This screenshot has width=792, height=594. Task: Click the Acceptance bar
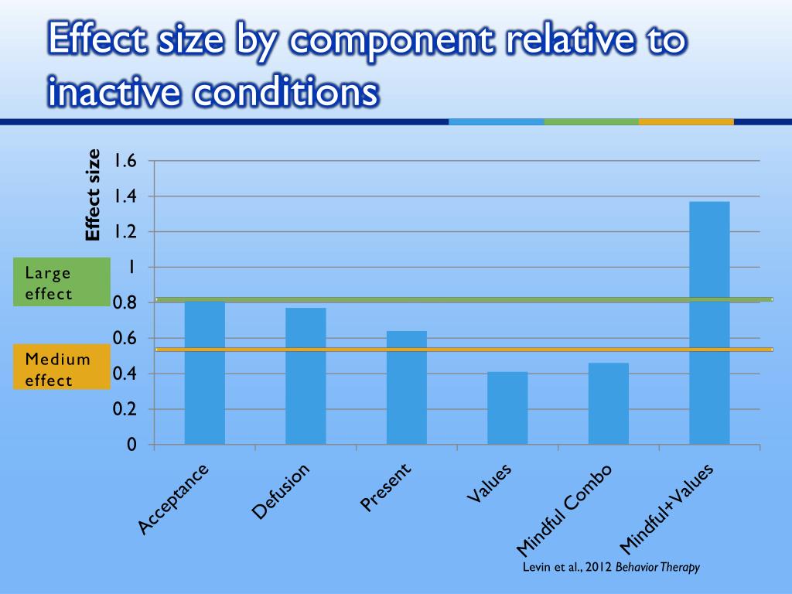(x=204, y=373)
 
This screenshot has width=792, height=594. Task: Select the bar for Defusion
(x=306, y=376)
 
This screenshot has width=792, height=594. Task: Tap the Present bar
(x=406, y=387)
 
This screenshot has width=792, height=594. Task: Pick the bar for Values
(x=507, y=408)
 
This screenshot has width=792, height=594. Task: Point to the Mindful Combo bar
(x=608, y=403)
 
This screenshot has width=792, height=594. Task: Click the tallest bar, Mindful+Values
(x=709, y=323)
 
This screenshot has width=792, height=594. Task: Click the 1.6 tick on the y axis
(x=125, y=161)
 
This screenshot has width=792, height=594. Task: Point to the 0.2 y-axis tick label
(x=125, y=409)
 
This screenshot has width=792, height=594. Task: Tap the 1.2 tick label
(x=125, y=232)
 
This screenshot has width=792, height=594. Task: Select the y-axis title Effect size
(x=93, y=195)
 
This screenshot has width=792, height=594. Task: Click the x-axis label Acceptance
(x=173, y=500)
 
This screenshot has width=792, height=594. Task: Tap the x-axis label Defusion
(x=281, y=491)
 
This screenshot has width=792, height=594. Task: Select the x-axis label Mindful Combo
(x=564, y=511)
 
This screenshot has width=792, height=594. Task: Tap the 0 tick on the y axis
(x=131, y=445)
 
